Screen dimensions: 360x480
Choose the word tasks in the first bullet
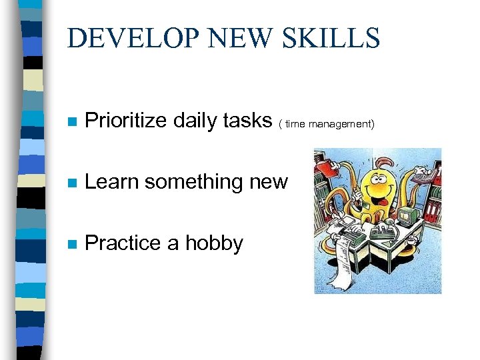pyautogui.click(x=248, y=121)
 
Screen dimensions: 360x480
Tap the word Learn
pyautogui.click(x=112, y=181)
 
